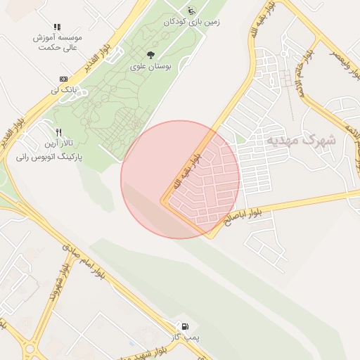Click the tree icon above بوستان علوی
150,55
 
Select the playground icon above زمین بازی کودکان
191,11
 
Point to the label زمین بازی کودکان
191,22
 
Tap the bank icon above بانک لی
64,78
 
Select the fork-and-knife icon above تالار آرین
59,132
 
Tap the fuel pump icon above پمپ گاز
184,326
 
